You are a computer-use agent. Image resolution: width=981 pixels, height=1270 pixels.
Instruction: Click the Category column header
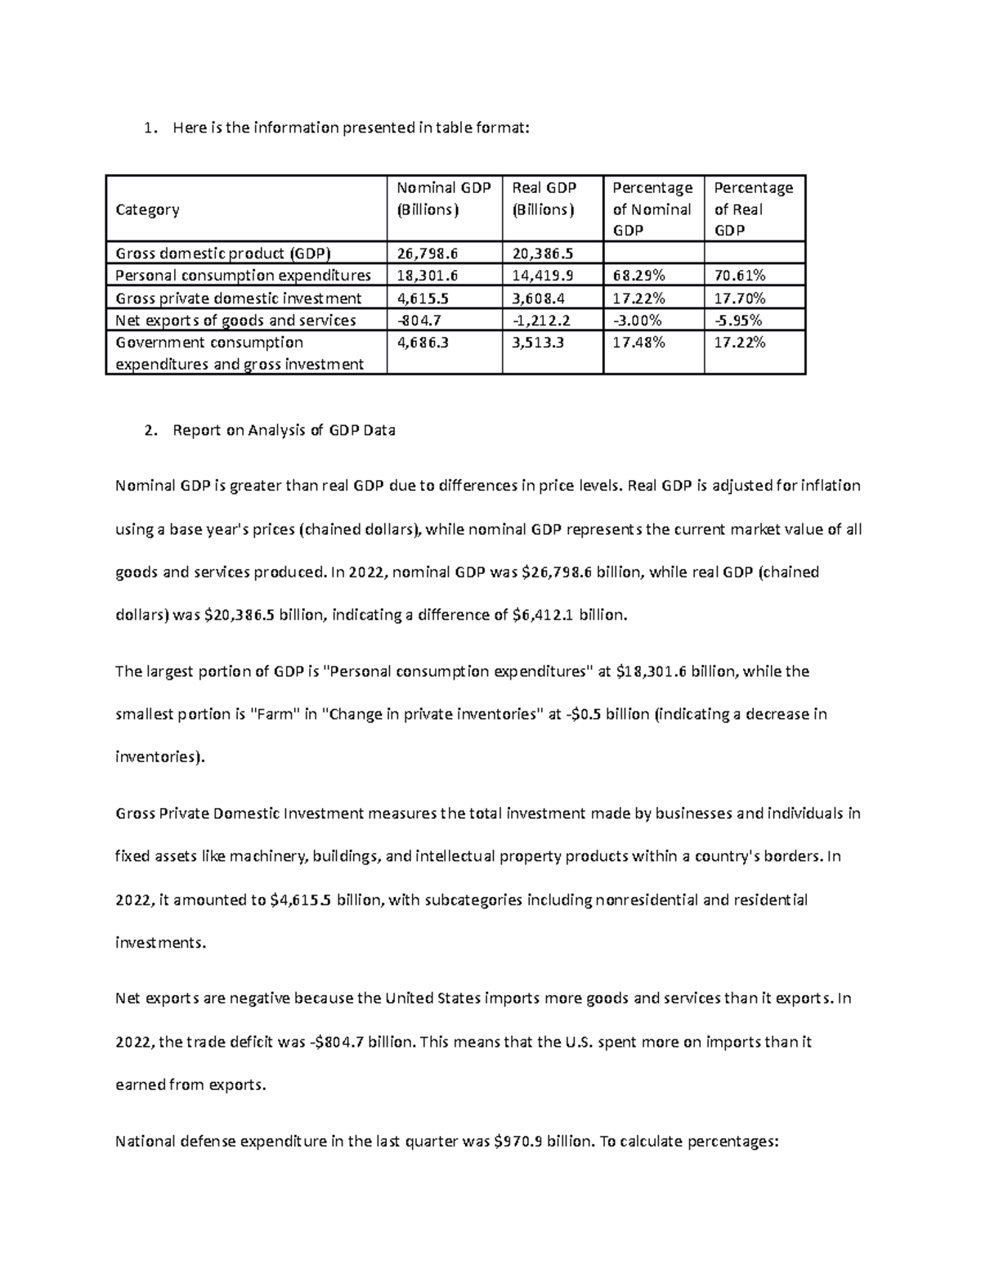(147, 209)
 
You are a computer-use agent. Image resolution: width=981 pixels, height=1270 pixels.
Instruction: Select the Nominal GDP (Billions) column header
(443, 199)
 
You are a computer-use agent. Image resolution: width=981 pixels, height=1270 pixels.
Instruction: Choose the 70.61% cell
(740, 275)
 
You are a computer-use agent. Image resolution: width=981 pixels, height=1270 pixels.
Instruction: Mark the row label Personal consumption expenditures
(243, 275)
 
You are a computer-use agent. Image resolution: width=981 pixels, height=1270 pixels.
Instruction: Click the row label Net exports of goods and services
(235, 321)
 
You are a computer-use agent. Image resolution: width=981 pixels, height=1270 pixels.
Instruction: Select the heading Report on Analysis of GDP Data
(284, 430)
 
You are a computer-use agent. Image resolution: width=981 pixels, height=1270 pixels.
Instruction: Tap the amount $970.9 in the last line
(518, 1142)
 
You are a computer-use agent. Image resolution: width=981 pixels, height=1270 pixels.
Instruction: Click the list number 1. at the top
(148, 128)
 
